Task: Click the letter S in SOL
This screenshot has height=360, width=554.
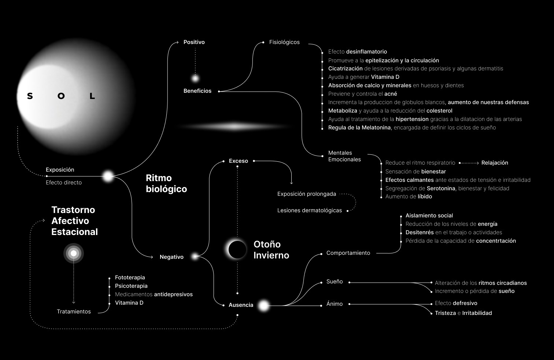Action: [30, 96]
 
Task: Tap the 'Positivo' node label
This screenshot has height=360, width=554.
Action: [194, 42]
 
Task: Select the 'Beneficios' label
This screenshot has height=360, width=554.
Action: [197, 91]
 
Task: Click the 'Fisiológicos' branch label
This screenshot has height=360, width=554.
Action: [284, 42]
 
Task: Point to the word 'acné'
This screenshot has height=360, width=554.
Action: [391, 94]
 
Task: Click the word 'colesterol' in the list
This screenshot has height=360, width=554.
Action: [439, 111]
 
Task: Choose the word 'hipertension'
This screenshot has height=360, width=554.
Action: [412, 119]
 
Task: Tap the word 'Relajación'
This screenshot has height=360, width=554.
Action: [495, 163]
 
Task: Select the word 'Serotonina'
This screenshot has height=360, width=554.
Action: [441, 188]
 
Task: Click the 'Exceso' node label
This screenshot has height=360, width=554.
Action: [238, 161]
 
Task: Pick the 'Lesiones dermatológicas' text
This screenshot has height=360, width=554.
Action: [309, 210]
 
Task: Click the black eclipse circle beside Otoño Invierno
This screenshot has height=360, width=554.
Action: [237, 250]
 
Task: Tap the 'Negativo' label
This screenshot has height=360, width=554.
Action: [171, 257]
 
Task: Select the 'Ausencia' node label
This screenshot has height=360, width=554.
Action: [241, 305]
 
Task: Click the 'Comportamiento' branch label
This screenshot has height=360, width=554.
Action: [348, 253]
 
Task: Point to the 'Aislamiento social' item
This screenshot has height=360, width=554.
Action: [429, 216]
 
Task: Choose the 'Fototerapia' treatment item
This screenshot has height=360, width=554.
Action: [130, 278]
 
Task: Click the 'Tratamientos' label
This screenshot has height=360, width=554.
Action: [74, 312]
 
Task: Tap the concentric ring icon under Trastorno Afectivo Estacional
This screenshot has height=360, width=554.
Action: [74, 253]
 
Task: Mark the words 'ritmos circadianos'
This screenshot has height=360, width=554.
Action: [502, 283]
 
